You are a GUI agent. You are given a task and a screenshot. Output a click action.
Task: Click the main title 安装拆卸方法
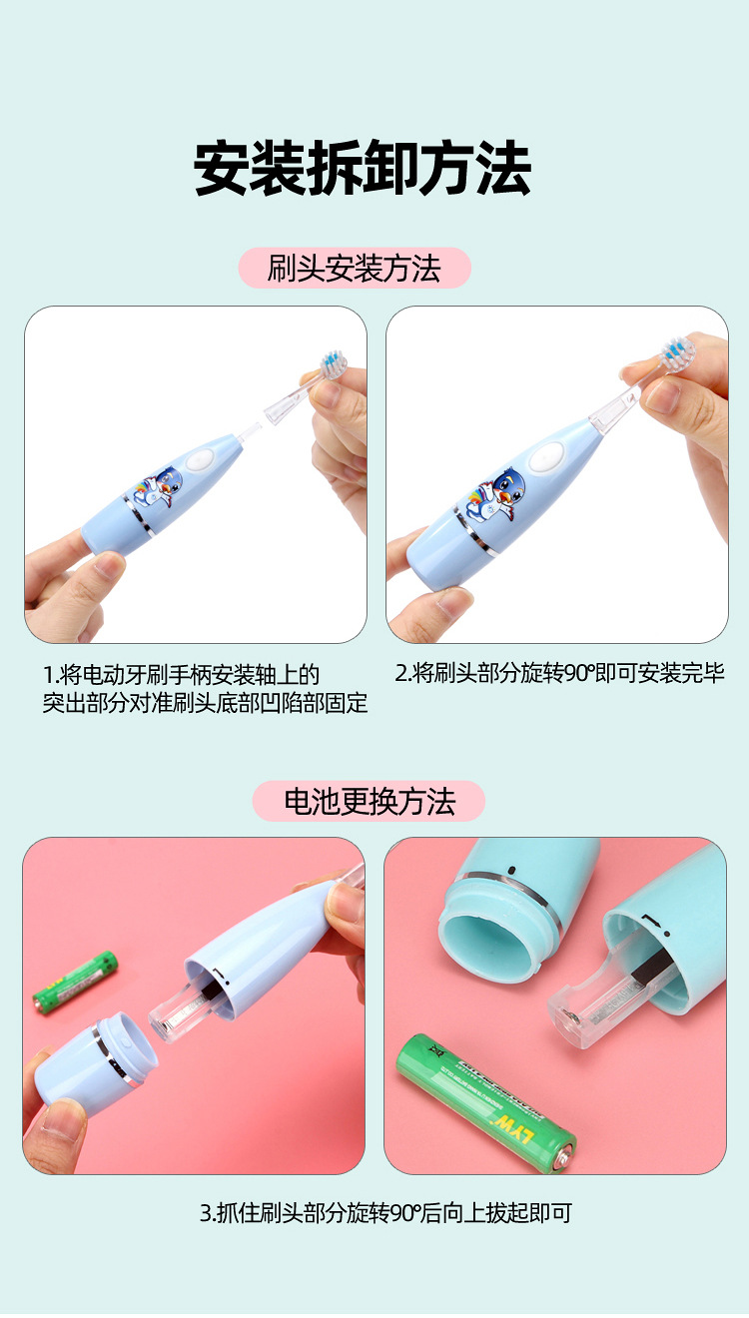pyautogui.click(x=362, y=169)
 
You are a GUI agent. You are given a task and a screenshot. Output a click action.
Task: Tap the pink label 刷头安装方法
pyautogui.click(x=354, y=269)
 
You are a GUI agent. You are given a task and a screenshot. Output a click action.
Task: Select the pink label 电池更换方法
pyautogui.click(x=369, y=802)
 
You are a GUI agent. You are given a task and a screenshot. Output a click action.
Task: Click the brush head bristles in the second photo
pyautogui.click(x=677, y=353)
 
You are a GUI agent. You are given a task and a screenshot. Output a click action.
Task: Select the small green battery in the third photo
pyautogui.click(x=75, y=981)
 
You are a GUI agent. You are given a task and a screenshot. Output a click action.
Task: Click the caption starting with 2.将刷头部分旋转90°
pyautogui.click(x=559, y=674)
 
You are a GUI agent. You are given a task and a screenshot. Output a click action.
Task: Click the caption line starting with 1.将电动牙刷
pyautogui.click(x=181, y=675)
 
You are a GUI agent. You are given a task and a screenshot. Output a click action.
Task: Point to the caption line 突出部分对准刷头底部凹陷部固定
pyautogui.click(x=205, y=704)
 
